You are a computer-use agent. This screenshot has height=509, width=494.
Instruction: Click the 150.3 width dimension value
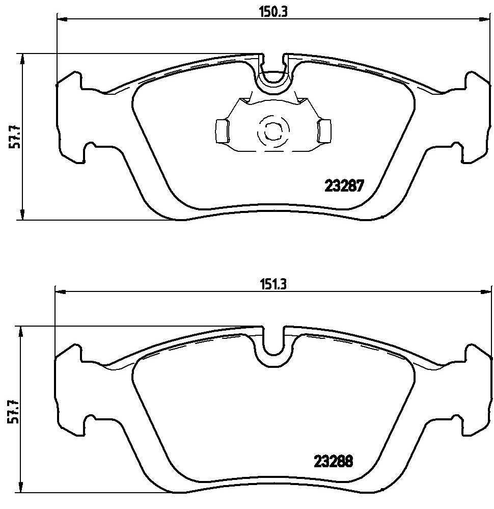(x=273, y=13)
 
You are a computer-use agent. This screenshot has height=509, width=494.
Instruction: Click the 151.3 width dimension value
(x=273, y=285)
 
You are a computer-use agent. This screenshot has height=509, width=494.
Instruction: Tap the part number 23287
(x=344, y=187)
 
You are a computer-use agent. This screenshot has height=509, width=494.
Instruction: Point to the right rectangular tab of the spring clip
(x=324, y=131)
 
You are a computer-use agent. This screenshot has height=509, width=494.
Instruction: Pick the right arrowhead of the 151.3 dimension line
(x=485, y=292)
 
